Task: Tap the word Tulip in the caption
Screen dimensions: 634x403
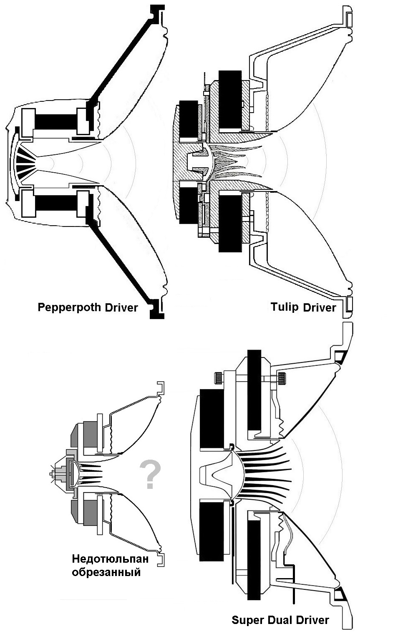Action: coord(285,307)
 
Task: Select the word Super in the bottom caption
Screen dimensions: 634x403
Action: coord(246,620)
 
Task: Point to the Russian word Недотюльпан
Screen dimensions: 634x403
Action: coord(107,559)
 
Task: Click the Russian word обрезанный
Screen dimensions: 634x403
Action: coord(106,572)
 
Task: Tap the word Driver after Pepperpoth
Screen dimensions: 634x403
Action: coord(121,308)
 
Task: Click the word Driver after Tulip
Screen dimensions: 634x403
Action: coord(319,307)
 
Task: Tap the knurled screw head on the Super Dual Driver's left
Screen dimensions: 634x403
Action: coord(217,378)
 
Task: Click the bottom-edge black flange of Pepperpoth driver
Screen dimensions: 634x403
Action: coord(157,309)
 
